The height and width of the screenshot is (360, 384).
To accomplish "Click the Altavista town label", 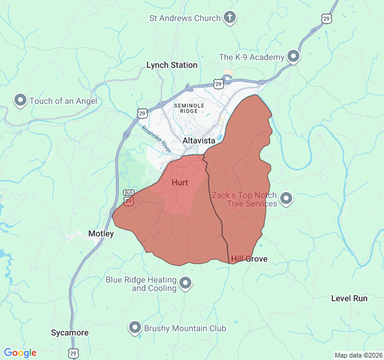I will [x=199, y=140].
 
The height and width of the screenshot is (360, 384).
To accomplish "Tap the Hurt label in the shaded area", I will [x=180, y=182].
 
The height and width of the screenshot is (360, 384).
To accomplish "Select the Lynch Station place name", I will [x=172, y=65].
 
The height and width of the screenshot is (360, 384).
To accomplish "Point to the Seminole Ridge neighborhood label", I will [x=190, y=108].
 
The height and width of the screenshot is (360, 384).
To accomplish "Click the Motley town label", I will [x=101, y=233].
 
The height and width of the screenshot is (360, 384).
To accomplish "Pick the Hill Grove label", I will [x=249, y=259].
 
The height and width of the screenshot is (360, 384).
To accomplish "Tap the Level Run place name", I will [x=349, y=298].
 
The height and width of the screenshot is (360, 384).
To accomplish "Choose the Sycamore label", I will [x=70, y=332].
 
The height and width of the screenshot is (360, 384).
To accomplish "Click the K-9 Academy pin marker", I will [x=293, y=56].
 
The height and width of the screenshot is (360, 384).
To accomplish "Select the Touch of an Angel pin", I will [x=20, y=100].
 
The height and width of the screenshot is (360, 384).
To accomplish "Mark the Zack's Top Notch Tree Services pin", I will [x=286, y=198].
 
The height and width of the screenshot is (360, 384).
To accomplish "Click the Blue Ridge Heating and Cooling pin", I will [x=186, y=283].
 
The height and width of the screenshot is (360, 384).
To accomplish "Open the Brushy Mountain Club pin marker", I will [x=135, y=328].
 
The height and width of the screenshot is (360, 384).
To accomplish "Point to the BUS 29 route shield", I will [x=128, y=197].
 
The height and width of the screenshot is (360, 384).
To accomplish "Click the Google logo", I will [x=20, y=353].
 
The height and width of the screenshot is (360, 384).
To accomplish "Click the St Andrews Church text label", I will [x=185, y=18].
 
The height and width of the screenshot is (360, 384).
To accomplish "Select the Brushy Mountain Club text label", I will [x=185, y=328].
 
